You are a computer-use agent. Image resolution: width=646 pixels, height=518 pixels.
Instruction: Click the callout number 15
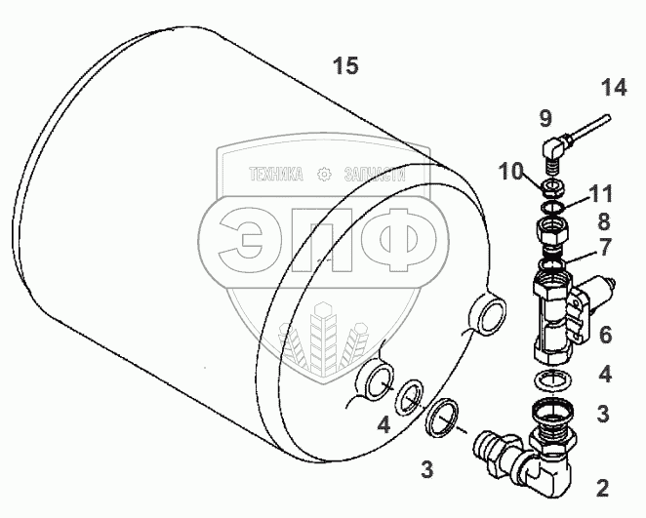point(345,66)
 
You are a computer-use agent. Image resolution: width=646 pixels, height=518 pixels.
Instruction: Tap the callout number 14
point(614,88)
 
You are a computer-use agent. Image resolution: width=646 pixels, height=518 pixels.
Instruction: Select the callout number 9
point(545,119)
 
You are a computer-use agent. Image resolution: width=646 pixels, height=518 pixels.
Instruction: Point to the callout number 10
point(510,171)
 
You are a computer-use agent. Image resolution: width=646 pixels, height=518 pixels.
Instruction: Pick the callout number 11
point(600,193)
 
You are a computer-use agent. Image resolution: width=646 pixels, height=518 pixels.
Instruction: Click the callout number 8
point(604,221)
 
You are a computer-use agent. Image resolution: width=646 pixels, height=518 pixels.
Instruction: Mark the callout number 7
point(604,247)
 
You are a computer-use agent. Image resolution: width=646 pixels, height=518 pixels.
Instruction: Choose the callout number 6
point(605,335)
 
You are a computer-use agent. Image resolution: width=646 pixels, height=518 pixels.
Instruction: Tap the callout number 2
point(602,489)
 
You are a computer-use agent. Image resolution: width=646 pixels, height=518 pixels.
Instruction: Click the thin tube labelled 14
point(590,129)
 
